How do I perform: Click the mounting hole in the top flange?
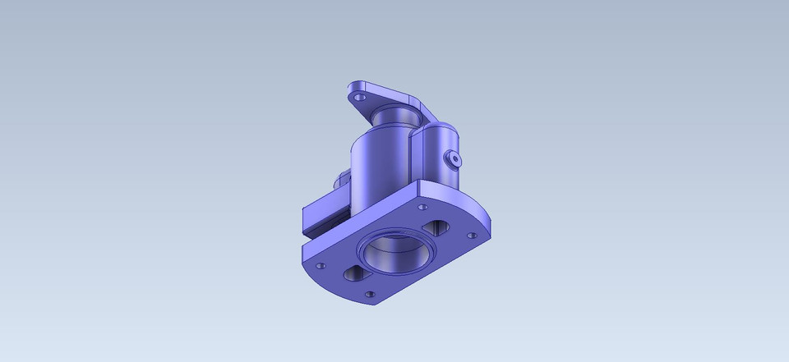[358, 97]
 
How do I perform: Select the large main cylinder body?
[380, 164]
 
